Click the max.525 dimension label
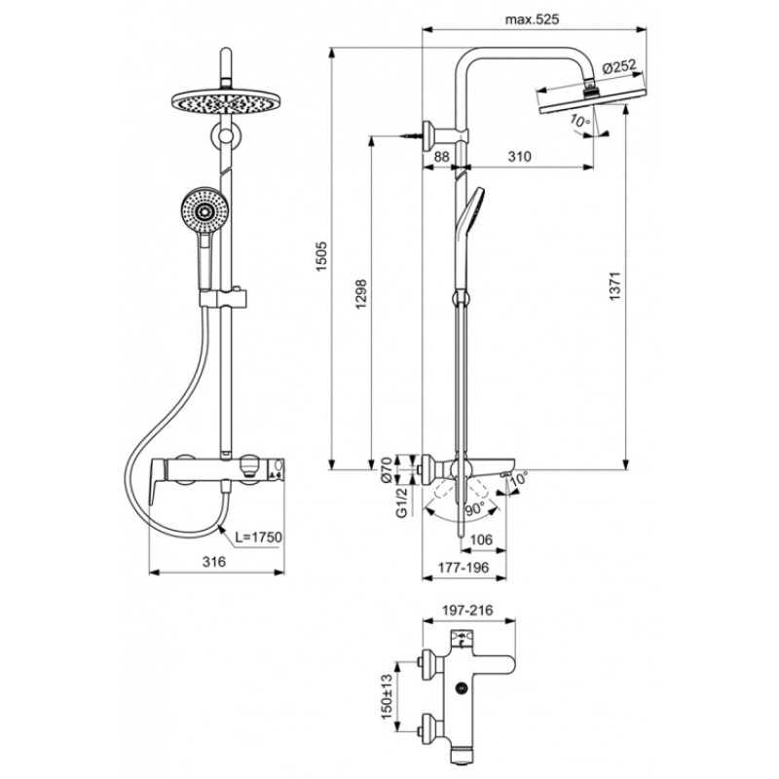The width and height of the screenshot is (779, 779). pyautogui.click(x=532, y=19)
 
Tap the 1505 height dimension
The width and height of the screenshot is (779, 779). pyautogui.click(x=322, y=256)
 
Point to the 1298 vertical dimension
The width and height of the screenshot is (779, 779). pyautogui.click(x=360, y=294)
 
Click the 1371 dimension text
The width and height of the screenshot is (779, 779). pyautogui.click(x=615, y=285)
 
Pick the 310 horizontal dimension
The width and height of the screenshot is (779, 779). pyautogui.click(x=519, y=157)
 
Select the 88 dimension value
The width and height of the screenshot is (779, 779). pyautogui.click(x=441, y=157)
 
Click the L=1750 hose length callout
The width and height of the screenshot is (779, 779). pyautogui.click(x=258, y=538)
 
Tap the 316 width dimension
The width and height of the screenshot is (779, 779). pyautogui.click(x=213, y=562)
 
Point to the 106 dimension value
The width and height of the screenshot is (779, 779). pyautogui.click(x=480, y=539)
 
